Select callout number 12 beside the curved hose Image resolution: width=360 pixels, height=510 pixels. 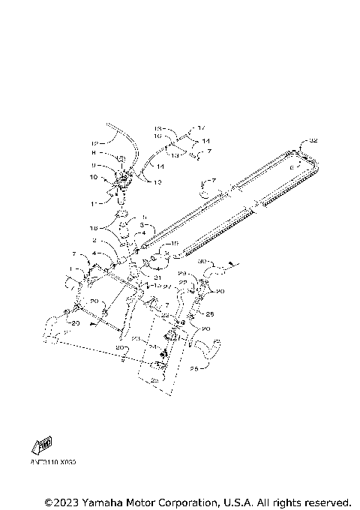pos(94,142)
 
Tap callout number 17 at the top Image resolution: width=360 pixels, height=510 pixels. pos(201,129)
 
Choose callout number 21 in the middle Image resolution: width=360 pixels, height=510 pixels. pos(158,277)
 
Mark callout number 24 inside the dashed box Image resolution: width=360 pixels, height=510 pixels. pos(154,348)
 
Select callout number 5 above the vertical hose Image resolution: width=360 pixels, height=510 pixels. pos(145,217)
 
